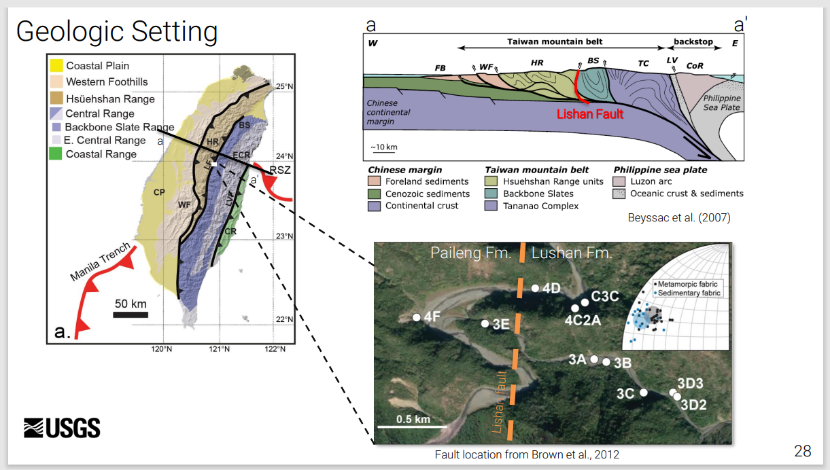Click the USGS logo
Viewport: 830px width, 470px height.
coord(62,428)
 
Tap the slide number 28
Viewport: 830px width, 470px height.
coord(802,451)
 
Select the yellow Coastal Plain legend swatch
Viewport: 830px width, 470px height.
coord(56,66)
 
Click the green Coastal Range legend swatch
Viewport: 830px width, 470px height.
coord(56,154)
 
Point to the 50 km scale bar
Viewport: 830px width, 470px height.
coord(131,314)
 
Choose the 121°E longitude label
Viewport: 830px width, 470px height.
coord(219,349)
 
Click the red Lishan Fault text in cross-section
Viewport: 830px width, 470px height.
coord(590,114)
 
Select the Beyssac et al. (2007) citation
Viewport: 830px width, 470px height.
coord(679,218)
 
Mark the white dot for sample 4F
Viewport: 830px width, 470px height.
coord(417,317)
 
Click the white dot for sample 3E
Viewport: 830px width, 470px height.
coord(485,323)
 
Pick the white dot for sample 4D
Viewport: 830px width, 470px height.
coord(536,288)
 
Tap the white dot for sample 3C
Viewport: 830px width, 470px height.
coord(644,392)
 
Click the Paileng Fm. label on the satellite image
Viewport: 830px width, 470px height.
coord(470,253)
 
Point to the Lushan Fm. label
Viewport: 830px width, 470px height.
coord(572,253)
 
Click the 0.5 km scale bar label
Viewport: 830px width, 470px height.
coord(413,419)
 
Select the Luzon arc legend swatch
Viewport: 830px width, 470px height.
coord(619,181)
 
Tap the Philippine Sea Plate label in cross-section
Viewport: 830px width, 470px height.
coord(721,103)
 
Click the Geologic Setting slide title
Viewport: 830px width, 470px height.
coord(117,32)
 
